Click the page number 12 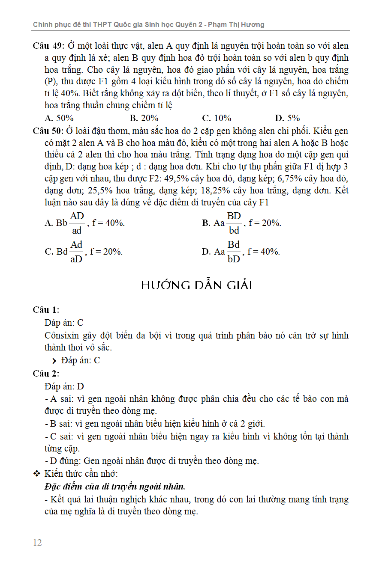click(37, 543)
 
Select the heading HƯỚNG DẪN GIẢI click(196, 285)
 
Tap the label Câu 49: click(48, 46)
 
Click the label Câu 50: click(48, 131)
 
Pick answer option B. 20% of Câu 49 click(144, 118)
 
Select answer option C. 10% click(217, 118)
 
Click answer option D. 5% click(287, 118)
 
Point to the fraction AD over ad click(77, 223)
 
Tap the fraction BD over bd click(234, 223)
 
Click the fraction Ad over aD click(76, 252)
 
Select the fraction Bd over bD click(234, 252)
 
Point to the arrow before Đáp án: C click(51, 361)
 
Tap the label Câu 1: click(46, 310)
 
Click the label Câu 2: click(46, 374)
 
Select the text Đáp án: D click(64, 386)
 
